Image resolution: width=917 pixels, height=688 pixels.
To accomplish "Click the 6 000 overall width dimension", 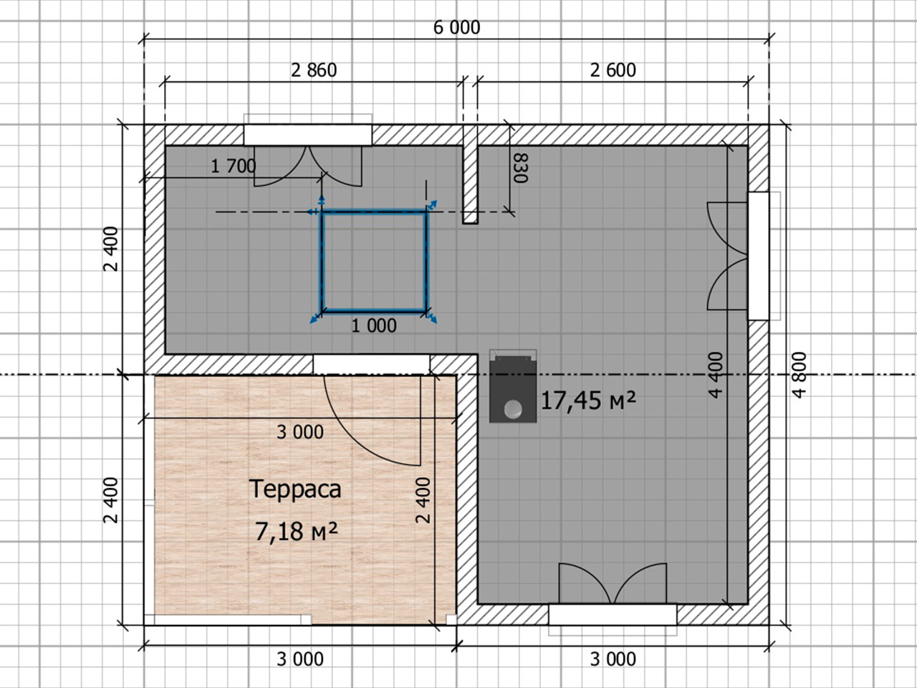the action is [x=456, y=28].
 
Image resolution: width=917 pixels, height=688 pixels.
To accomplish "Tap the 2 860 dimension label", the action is [x=314, y=71].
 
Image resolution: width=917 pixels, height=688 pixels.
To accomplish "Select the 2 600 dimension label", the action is [x=613, y=70].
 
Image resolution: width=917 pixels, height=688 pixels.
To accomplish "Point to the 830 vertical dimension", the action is [x=521, y=168].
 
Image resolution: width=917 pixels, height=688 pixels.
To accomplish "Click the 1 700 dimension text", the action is [x=233, y=167].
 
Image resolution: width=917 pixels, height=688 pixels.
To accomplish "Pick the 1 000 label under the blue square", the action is [x=374, y=326].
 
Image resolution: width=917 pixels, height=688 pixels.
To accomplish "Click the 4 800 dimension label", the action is [x=799, y=375].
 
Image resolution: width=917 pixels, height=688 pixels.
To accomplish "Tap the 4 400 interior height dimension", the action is [x=715, y=375].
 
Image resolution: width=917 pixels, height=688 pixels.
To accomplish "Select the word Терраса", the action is [x=295, y=489].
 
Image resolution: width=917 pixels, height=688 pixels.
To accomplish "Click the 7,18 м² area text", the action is [x=296, y=531].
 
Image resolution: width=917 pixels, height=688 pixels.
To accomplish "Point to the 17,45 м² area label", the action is [x=588, y=400].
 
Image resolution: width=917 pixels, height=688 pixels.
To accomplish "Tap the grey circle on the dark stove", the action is [x=513, y=409].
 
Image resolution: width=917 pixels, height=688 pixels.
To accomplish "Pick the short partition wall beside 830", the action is [x=470, y=175].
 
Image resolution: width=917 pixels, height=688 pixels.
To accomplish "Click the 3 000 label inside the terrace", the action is [x=300, y=432].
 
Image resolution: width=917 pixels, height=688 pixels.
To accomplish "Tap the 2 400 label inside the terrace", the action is [x=423, y=500].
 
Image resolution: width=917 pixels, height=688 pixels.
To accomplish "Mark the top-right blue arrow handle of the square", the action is [x=432, y=205].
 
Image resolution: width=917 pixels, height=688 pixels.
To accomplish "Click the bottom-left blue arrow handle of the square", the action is [x=315, y=318].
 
